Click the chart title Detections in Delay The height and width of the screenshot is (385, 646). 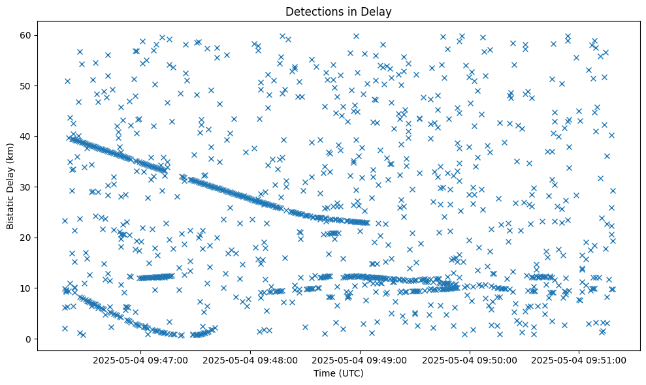point(336,11)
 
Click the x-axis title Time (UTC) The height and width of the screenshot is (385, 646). point(336,374)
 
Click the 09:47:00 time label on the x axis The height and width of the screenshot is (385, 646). point(140,360)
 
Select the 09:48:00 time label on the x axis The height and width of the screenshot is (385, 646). point(250,360)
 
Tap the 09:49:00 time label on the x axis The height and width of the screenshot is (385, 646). point(360,360)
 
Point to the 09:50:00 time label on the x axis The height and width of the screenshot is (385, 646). point(470,360)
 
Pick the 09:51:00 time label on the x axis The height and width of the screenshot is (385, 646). point(579,360)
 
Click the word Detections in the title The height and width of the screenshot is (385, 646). point(311,11)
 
